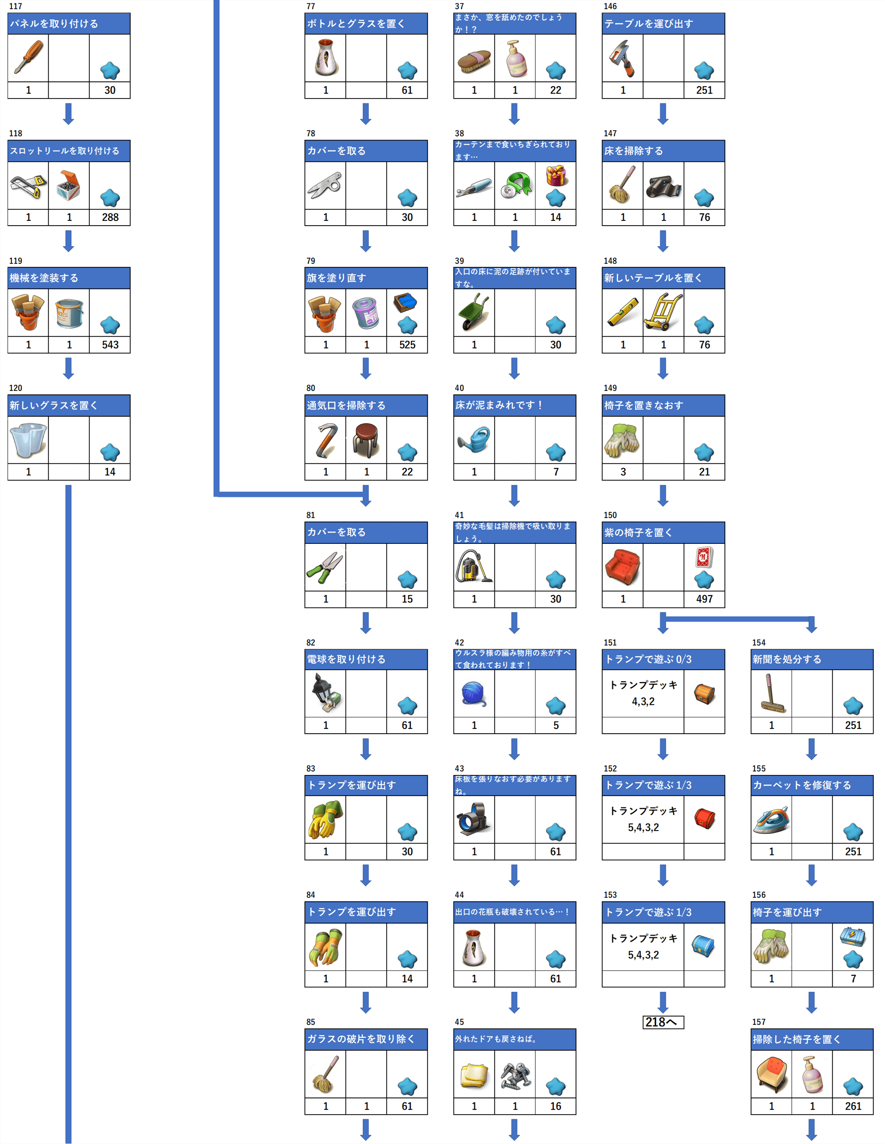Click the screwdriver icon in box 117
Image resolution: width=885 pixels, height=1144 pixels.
(28, 57)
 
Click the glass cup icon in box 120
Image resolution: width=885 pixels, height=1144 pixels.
(28, 439)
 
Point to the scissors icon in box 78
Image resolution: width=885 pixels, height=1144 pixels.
(325, 185)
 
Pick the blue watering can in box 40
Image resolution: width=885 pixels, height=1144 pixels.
(474, 439)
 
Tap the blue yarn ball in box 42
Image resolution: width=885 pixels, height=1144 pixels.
(474, 693)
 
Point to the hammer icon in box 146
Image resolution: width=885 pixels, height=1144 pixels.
(622, 58)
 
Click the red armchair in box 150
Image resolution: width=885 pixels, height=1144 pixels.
(622, 567)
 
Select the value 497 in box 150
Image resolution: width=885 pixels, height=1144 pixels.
(704, 599)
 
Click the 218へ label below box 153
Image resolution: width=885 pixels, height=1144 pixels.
(662, 1022)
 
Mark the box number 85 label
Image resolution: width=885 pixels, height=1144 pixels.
(311, 1022)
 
